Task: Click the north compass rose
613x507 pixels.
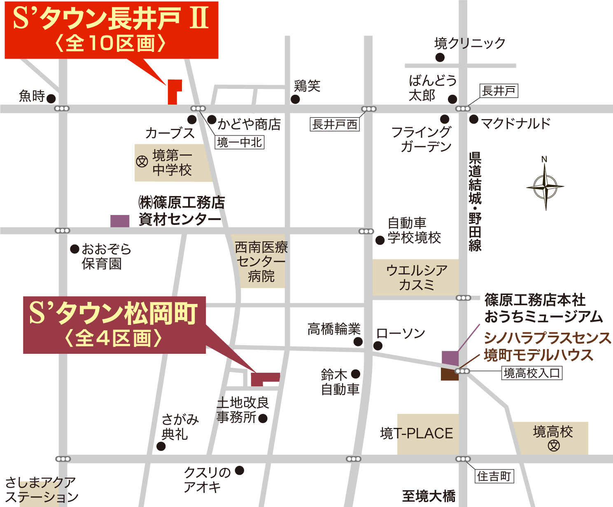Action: click(545, 187)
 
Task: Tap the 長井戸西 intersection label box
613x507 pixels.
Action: click(335, 124)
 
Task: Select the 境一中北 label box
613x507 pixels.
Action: click(240, 143)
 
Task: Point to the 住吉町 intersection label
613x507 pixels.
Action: click(494, 477)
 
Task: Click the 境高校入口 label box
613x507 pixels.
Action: click(532, 373)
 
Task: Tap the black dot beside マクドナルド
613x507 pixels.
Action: click(474, 119)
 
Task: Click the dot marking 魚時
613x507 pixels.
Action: click(51, 98)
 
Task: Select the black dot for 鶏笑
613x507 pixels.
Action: click(295, 99)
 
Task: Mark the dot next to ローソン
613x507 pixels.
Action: click(378, 346)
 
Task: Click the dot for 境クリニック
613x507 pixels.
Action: click(440, 57)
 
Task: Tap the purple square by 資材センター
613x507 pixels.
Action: click(120, 221)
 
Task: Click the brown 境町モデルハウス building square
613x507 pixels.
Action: click(449, 374)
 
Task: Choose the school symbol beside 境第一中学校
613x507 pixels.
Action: click(142, 161)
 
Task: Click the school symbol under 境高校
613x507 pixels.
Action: click(554, 446)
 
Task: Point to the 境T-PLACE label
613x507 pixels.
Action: click(417, 434)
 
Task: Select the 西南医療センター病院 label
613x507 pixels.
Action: click(261, 262)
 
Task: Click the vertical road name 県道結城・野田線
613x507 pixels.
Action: click(475, 202)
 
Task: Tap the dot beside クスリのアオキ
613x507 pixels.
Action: click(239, 470)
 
